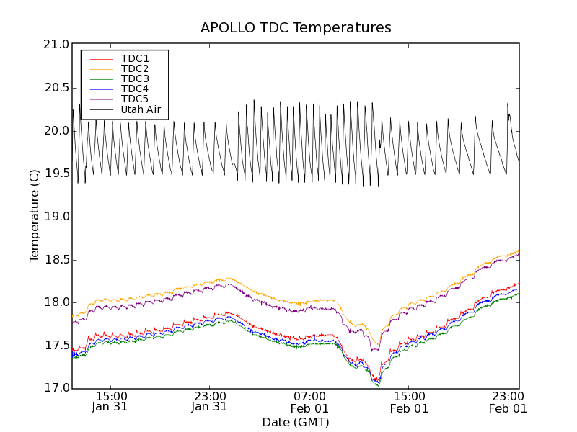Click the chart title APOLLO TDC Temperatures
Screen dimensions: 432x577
click(296, 28)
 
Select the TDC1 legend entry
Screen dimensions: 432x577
click(135, 58)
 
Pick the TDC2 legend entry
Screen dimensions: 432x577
click(135, 68)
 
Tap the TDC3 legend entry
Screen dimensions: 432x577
click(135, 78)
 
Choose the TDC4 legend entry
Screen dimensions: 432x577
click(135, 89)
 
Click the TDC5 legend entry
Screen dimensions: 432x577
click(135, 99)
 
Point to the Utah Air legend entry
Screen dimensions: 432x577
click(141, 109)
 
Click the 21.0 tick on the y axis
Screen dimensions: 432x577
click(56, 45)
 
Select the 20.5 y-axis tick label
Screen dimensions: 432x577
click(56, 88)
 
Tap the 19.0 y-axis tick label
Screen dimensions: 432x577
click(56, 217)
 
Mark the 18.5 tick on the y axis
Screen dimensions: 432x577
click(56, 259)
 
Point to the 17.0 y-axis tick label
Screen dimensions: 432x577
click(56, 388)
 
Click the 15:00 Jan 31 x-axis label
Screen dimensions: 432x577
click(110, 401)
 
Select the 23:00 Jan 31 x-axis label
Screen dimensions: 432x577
click(209, 401)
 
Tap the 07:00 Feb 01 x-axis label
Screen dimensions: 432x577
click(309, 401)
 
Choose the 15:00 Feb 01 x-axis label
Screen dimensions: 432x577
click(409, 401)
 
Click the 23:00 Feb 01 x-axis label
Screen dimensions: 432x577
click(508, 401)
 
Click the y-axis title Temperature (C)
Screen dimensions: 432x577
click(35, 216)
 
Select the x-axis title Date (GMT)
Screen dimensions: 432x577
click(296, 422)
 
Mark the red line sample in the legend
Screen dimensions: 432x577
click(100, 58)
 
